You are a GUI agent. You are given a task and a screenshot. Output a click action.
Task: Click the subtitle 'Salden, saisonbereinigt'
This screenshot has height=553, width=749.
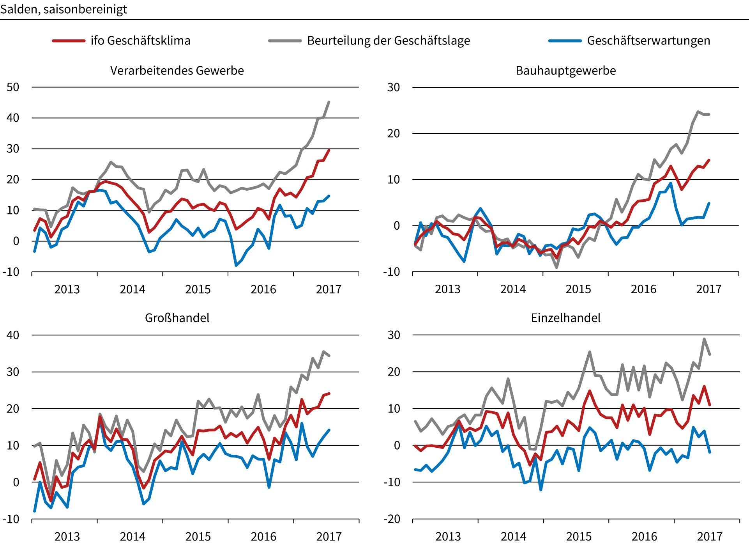(64, 9)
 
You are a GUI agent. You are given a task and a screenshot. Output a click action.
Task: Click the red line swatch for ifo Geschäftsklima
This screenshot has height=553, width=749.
(69, 41)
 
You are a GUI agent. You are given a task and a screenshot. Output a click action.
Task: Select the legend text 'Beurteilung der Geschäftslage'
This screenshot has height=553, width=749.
(388, 41)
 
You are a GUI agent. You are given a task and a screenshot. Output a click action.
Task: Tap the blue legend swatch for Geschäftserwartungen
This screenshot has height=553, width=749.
(565, 41)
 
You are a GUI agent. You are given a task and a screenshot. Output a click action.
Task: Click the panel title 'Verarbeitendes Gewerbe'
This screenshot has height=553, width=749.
(177, 71)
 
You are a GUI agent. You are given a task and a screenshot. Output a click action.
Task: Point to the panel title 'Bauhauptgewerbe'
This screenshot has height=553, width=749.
(565, 71)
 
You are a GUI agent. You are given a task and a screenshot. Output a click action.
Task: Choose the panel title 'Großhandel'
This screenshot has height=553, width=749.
(177, 318)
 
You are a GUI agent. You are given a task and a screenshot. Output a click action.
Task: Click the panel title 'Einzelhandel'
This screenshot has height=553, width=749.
(565, 318)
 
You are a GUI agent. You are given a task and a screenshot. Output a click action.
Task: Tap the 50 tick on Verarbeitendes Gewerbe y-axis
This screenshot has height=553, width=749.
(13, 87)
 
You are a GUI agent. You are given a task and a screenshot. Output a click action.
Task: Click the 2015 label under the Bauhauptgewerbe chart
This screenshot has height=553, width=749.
(578, 289)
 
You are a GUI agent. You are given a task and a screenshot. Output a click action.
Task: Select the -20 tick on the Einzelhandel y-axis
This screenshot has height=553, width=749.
(394, 519)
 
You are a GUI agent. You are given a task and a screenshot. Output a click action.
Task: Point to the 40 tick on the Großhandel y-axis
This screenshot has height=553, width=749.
(13, 335)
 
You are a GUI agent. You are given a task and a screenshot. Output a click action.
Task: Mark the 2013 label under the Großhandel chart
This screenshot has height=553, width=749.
(67, 537)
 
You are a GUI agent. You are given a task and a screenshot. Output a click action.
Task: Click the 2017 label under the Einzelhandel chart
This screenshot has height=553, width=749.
(709, 537)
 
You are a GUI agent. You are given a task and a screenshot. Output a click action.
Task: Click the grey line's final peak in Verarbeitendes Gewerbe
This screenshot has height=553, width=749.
(329, 102)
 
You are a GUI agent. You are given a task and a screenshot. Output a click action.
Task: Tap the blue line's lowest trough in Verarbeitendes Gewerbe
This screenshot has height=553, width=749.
(236, 265)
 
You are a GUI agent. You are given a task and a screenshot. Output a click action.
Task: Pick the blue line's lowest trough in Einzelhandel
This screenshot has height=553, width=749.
(541, 489)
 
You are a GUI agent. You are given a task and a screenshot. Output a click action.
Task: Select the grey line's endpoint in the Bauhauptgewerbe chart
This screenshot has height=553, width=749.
(709, 114)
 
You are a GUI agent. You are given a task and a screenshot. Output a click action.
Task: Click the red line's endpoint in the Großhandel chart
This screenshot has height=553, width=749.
(329, 393)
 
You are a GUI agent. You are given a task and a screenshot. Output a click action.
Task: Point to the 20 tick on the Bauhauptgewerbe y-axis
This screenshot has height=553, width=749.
(394, 133)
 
